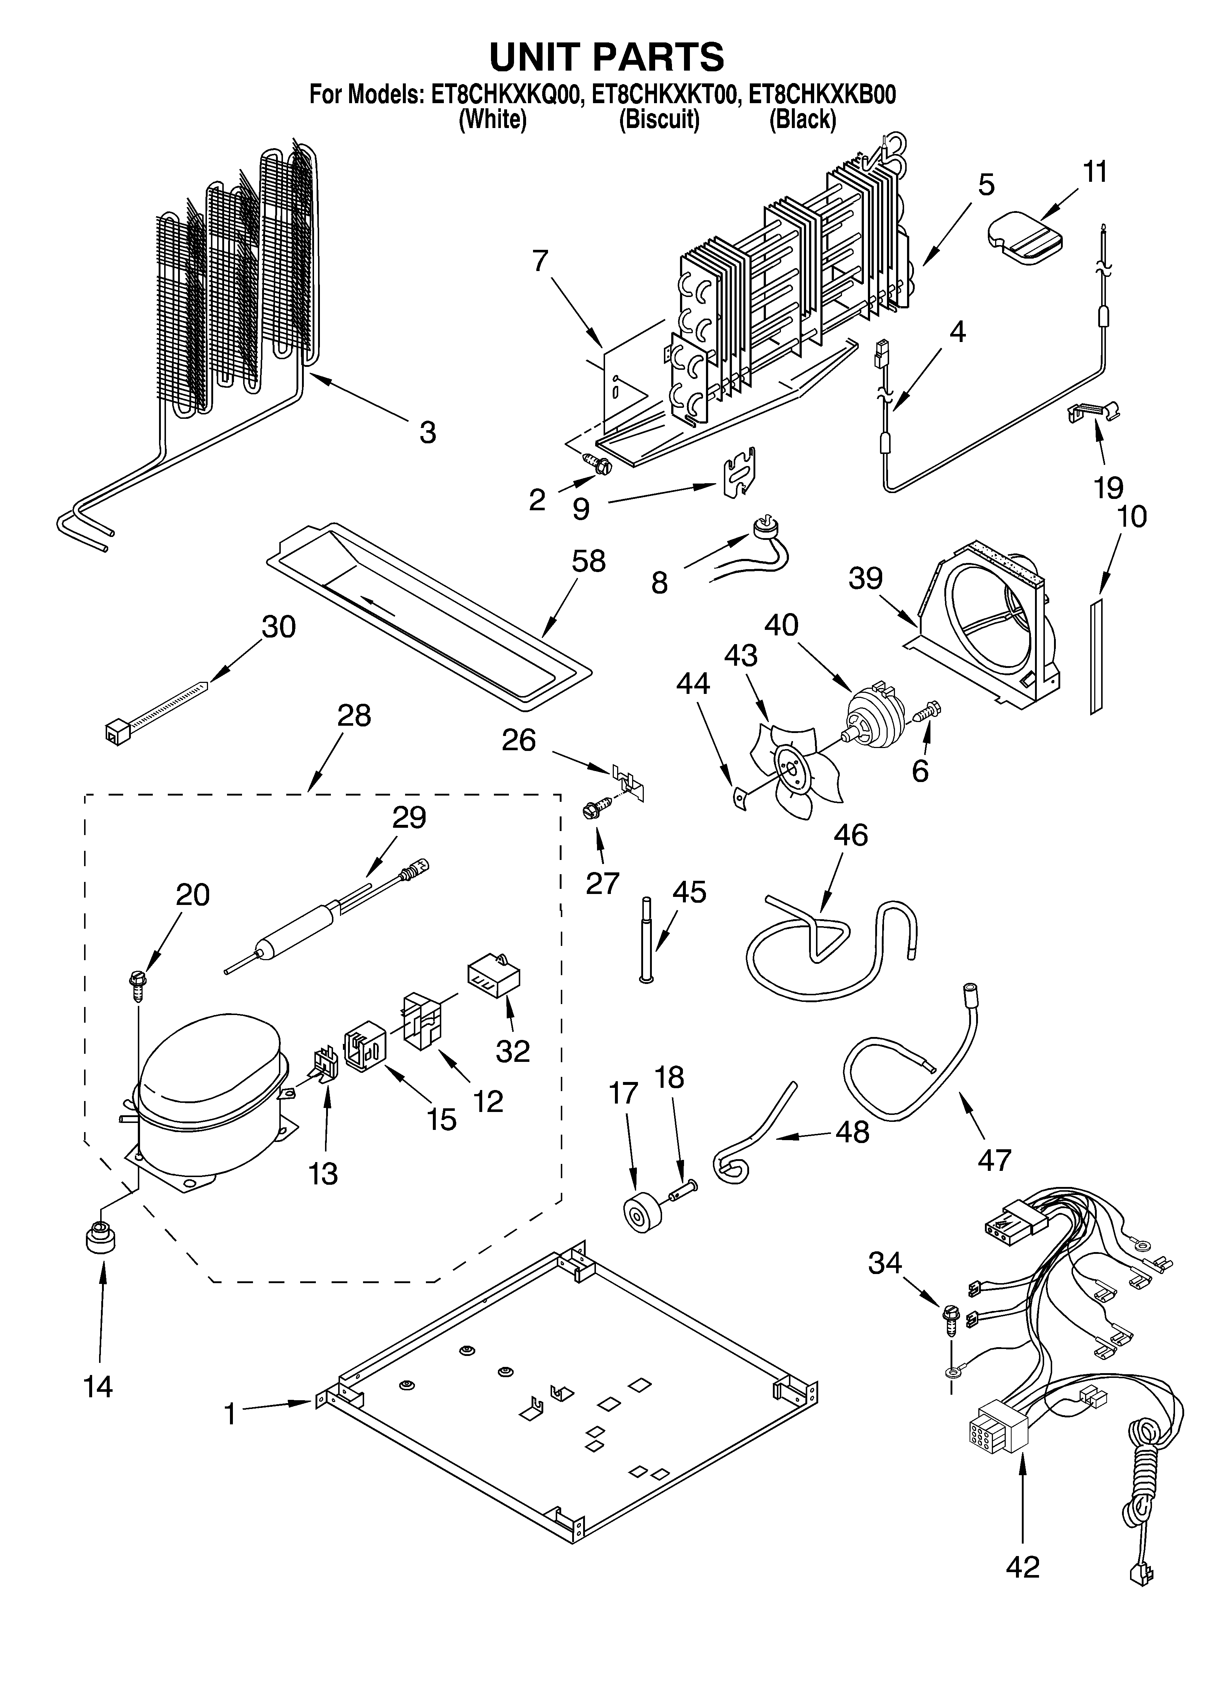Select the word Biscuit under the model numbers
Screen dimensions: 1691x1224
point(659,119)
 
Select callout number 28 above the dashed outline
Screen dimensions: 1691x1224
point(353,716)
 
